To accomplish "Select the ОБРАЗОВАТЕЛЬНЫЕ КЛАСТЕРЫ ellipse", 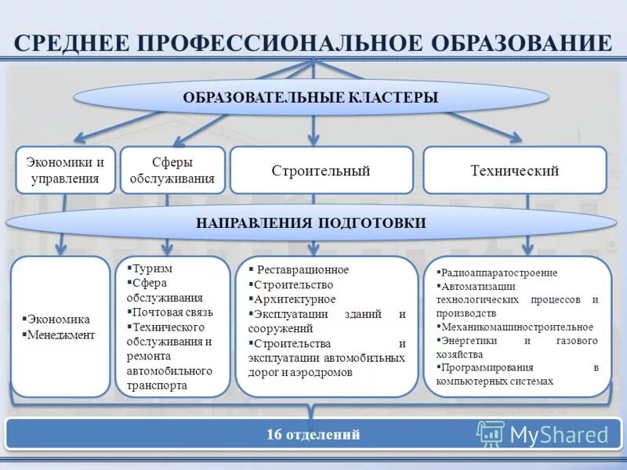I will pos(310,98).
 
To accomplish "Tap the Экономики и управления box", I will pos(65,170).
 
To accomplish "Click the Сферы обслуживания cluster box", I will pos(172,170).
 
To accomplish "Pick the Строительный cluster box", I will pos(321,170).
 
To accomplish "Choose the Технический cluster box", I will pos(514,170).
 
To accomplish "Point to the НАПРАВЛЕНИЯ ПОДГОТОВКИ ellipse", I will pos(310,223).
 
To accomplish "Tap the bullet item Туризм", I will pos(152,267).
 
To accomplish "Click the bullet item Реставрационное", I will pos(303,269).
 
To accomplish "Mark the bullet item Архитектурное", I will pos(295,299).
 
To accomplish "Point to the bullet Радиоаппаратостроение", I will pos(499,273).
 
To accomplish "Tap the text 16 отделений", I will pos(313,433).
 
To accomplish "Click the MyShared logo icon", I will pos(491,433).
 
